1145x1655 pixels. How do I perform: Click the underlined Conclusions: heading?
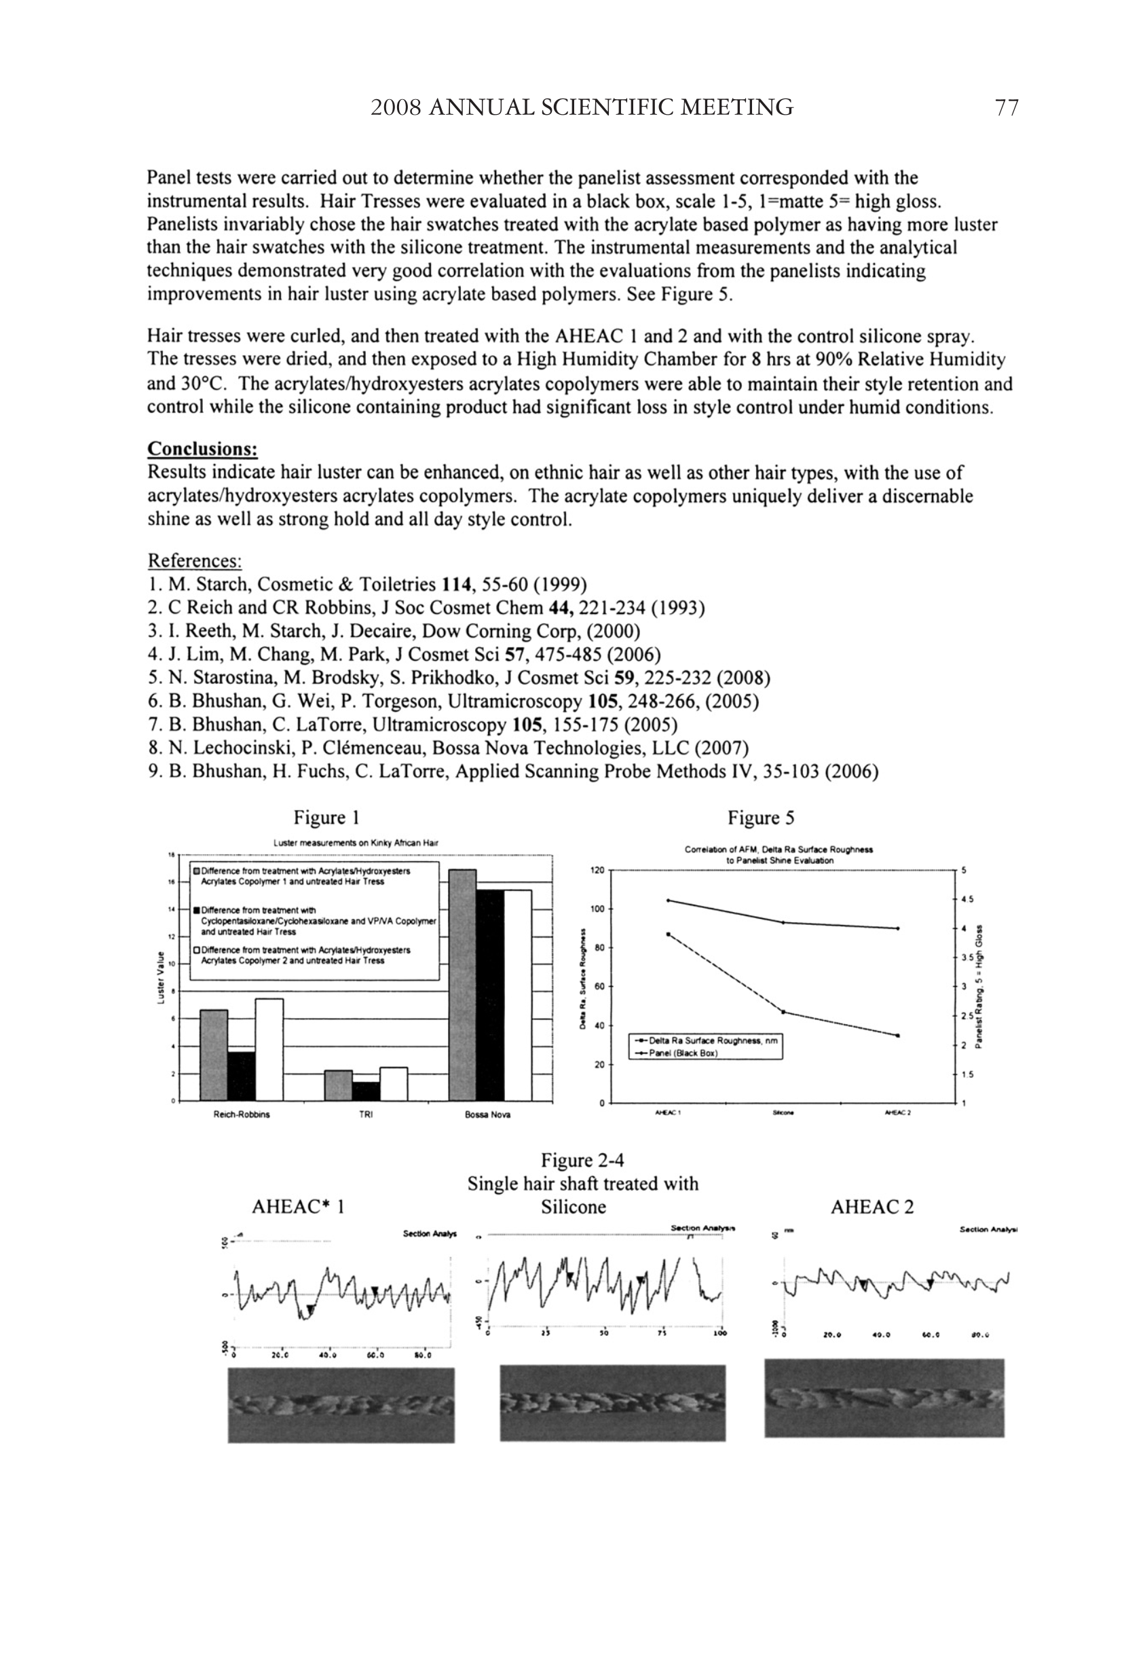pos(202,450)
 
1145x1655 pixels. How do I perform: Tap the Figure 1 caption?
pos(326,818)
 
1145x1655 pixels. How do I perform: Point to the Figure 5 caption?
pos(760,818)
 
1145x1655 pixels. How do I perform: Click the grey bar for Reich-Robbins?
pos(214,1055)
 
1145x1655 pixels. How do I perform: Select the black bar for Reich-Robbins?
pos(242,1076)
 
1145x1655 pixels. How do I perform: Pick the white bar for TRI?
pos(394,1084)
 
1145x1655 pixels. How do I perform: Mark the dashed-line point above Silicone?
pos(783,1012)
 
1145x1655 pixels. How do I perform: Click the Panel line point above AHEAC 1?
pos(669,900)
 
